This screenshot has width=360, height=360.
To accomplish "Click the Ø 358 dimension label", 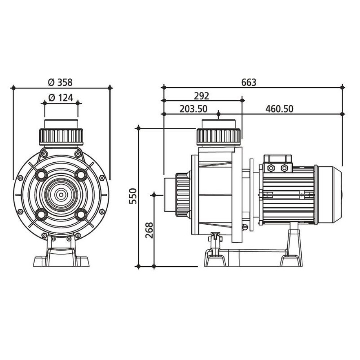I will coord(60,82).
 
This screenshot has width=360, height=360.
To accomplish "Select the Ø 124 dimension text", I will coord(60,98).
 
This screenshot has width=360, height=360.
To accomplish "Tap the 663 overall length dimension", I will coord(249,82).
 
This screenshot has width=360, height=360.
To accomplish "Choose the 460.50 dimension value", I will coord(279,109).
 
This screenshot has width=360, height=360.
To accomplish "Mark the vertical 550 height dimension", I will coord(133,196).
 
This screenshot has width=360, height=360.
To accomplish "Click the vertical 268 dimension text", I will coord(149,230).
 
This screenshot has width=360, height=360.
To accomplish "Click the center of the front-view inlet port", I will coord(61,195).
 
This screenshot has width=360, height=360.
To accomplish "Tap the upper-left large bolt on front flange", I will coord(41,175).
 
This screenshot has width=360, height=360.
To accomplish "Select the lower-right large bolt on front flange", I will coord(81,215).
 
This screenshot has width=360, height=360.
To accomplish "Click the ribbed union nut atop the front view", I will coord(61,136).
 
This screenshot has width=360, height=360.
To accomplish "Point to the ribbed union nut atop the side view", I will coord(219,136).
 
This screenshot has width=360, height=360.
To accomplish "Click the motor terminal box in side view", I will coord(278,163).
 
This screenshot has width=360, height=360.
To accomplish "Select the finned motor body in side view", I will coord(288,195).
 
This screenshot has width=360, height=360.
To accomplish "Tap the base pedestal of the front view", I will coord(61,256).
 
